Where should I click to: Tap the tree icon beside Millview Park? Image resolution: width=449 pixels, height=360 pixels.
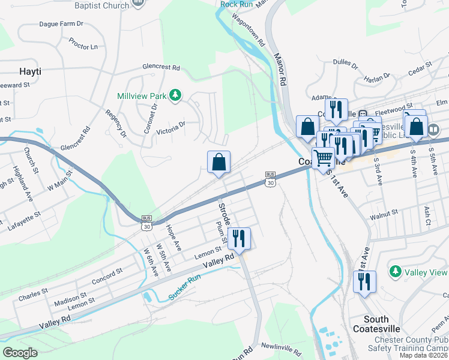click(x=175, y=95)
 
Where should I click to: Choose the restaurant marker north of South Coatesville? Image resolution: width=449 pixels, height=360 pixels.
click(x=364, y=282)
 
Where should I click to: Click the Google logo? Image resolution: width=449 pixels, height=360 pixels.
click(x=20, y=352)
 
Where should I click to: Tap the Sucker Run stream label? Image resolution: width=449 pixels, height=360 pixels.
click(x=182, y=283)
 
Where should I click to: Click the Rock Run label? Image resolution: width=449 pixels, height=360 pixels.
click(x=236, y=4)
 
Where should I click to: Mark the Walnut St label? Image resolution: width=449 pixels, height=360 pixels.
click(x=384, y=212)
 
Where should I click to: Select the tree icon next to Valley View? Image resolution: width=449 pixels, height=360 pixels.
click(x=395, y=272)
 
